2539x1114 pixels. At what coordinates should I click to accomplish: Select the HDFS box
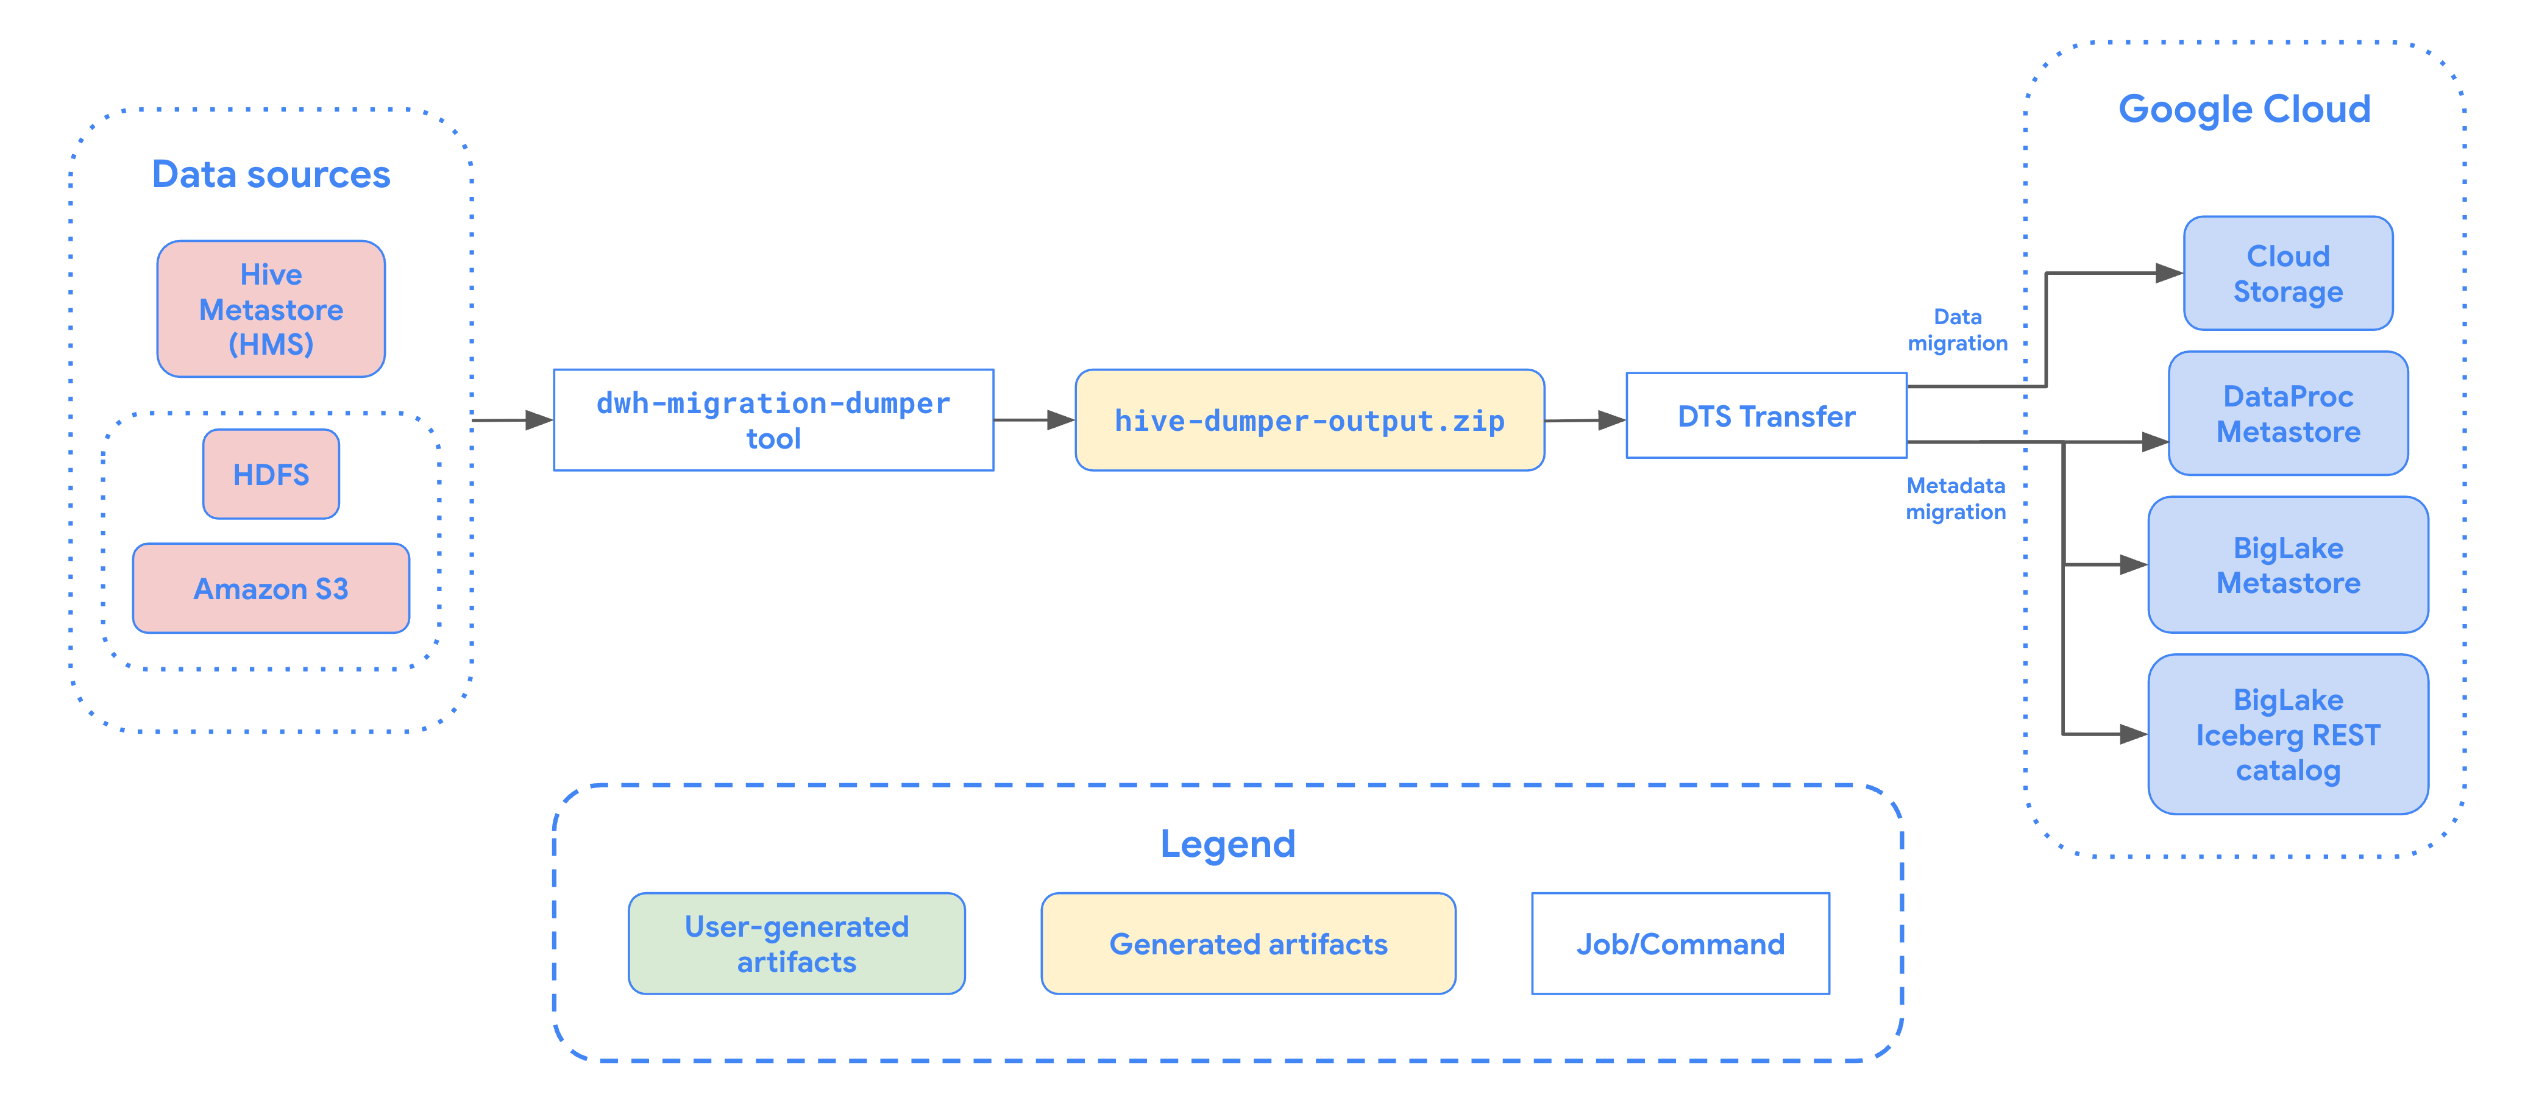pyautogui.click(x=271, y=474)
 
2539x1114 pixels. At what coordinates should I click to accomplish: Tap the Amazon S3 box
pyautogui.click(x=271, y=589)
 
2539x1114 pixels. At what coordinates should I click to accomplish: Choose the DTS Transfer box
pyautogui.click(x=1766, y=416)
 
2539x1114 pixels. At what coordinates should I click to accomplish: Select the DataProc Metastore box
pyautogui.click(x=2288, y=414)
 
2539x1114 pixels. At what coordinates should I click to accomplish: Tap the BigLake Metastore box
pyautogui.click(x=2288, y=565)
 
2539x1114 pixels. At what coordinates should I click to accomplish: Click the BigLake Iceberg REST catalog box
pyautogui.click(x=2288, y=734)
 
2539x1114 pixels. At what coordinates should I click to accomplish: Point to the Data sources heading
pyautogui.click(x=271, y=174)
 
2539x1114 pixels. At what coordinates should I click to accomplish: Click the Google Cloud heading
pyautogui.click(x=2244, y=108)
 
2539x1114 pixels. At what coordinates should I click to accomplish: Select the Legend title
pyautogui.click(x=1227, y=844)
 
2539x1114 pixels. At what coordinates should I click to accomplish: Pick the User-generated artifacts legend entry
pyautogui.click(x=797, y=943)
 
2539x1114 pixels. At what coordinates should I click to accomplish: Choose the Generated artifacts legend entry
pyautogui.click(x=1248, y=943)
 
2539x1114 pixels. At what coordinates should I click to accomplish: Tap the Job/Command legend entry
pyautogui.click(x=1680, y=943)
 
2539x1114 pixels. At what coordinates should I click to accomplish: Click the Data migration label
pyautogui.click(x=1958, y=329)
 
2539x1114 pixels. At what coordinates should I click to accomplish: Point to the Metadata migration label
pyautogui.click(x=1956, y=498)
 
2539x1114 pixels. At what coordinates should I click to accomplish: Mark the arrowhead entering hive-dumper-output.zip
pyautogui.click(x=1060, y=420)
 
